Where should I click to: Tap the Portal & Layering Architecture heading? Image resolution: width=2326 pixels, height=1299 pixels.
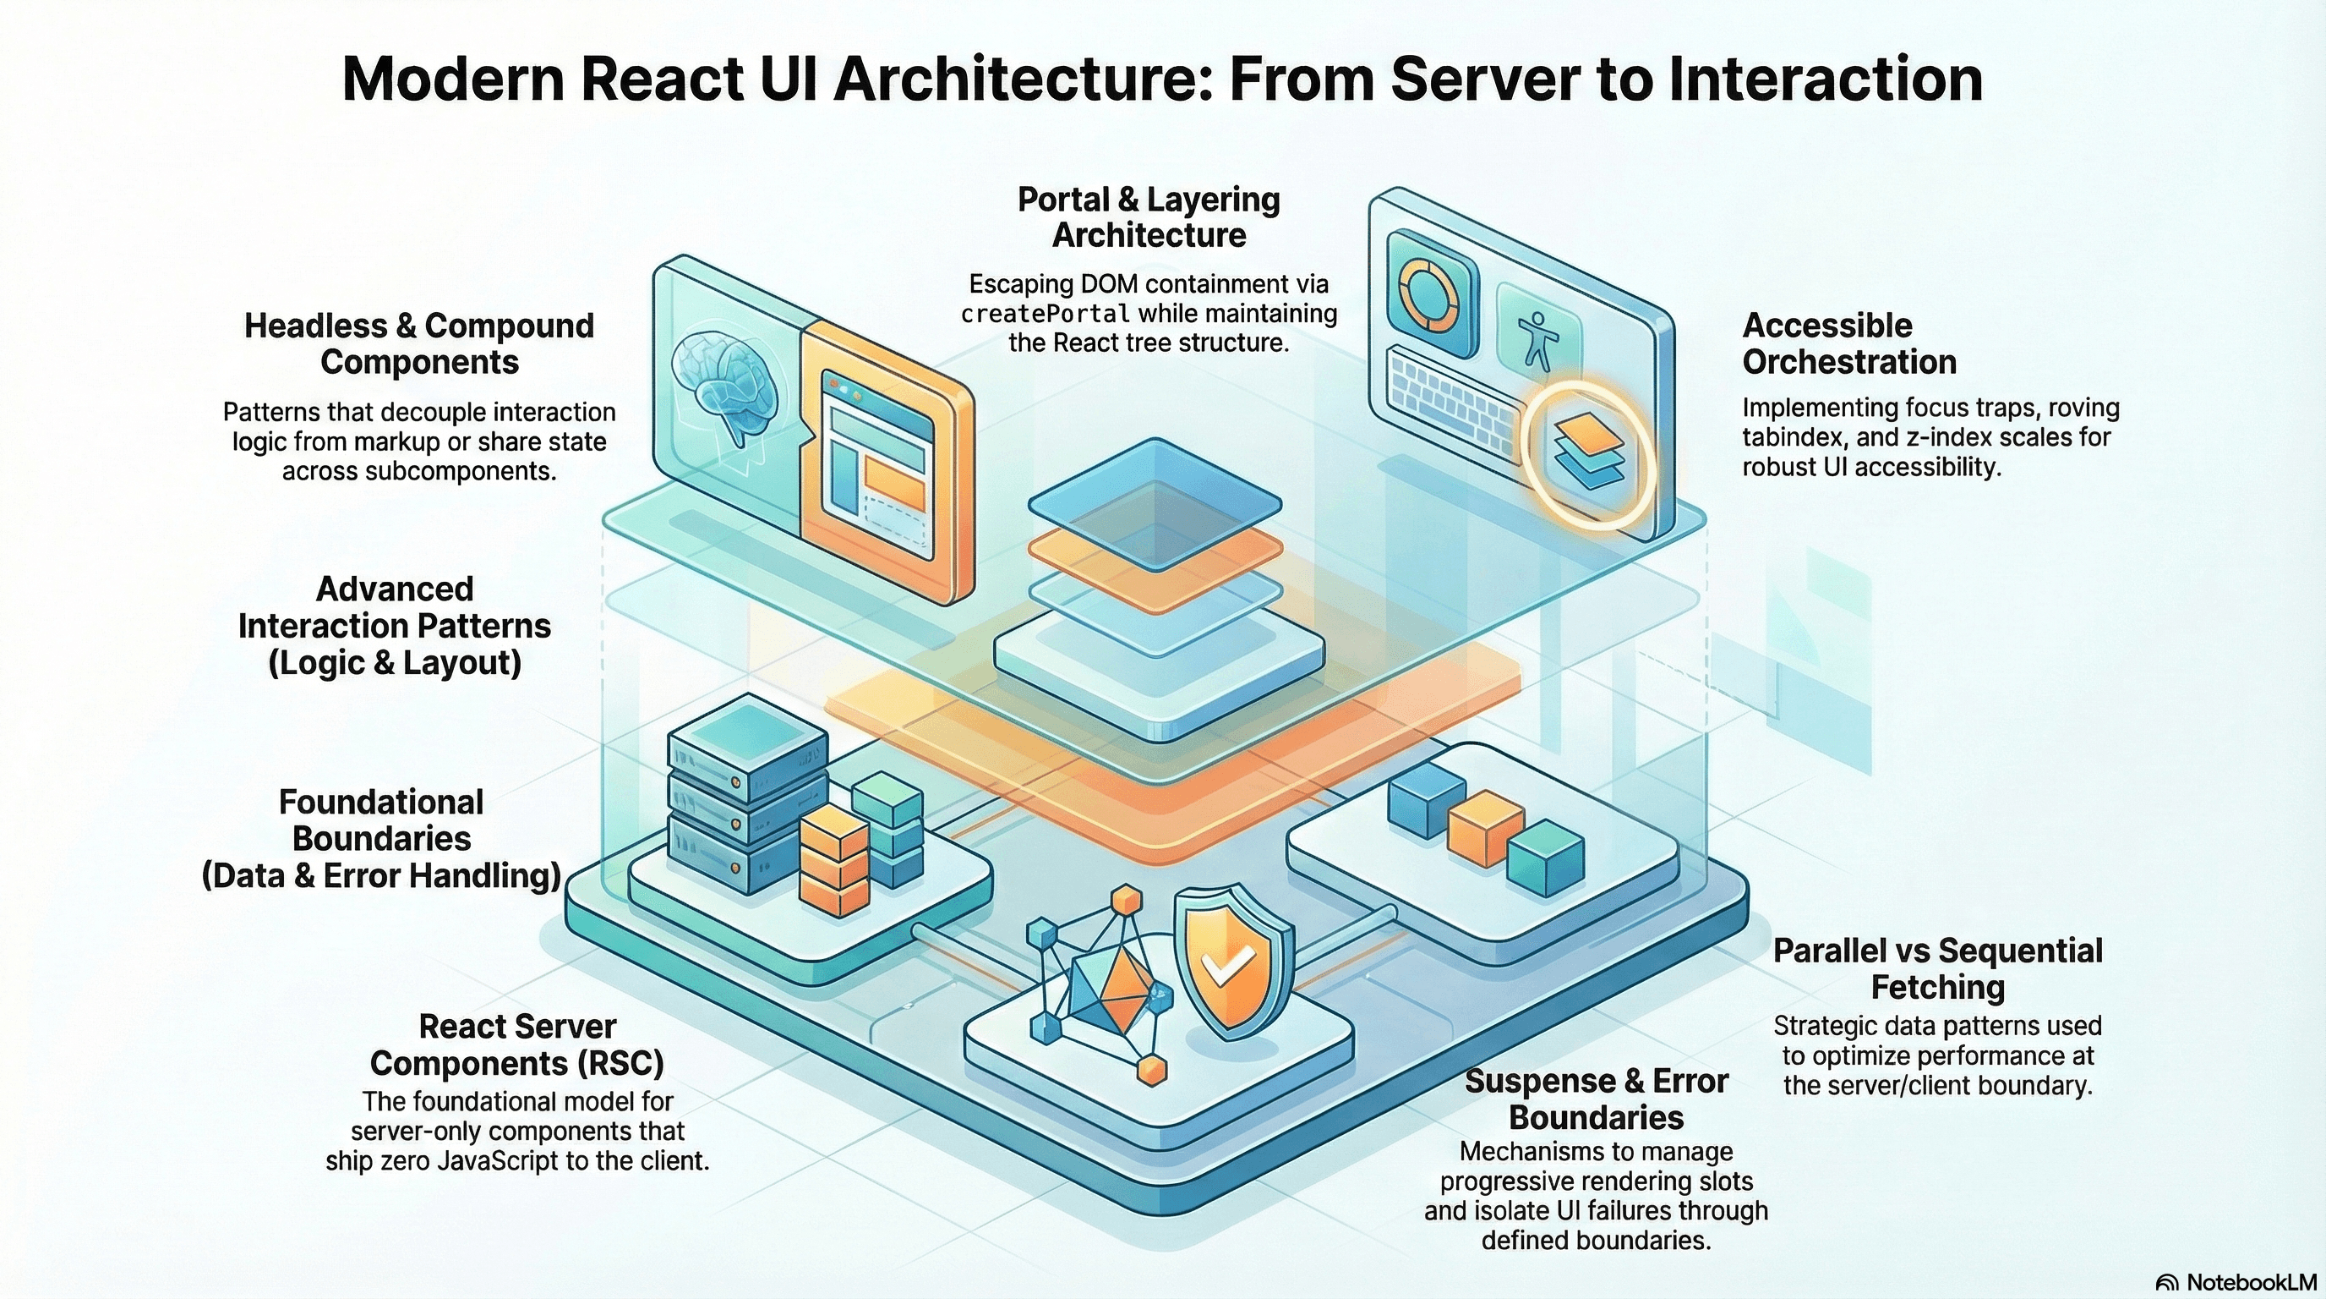1149,216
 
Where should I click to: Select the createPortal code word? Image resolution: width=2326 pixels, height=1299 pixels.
1046,315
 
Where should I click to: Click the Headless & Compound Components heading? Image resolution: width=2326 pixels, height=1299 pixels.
419,343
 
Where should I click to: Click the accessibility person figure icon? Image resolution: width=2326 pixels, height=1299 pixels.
1537,340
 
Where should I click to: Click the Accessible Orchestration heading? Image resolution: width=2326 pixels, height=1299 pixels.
1849,343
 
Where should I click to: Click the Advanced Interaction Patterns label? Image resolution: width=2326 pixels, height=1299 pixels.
395,626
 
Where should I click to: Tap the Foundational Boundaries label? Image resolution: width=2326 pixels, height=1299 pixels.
381,839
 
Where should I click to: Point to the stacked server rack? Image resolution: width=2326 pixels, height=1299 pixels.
748,795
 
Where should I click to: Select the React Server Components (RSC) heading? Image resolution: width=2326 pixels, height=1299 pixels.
517,1045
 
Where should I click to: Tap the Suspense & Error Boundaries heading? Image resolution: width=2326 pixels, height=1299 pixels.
1596,1099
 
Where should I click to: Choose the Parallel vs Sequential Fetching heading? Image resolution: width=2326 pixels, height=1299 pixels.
1938,968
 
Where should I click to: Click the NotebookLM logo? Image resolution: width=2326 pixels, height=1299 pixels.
2239,1283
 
